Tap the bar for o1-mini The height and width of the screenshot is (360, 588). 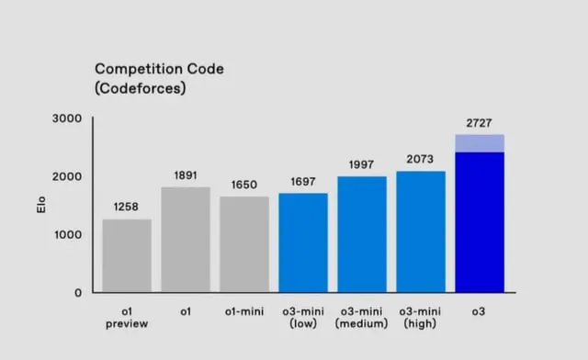(x=244, y=244)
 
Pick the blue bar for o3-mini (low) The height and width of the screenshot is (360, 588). (x=303, y=242)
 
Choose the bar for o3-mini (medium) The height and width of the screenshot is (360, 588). (x=362, y=234)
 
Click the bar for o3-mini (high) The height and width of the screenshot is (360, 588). (x=421, y=231)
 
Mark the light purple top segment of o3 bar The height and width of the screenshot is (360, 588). (x=480, y=143)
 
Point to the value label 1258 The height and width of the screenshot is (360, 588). (x=127, y=207)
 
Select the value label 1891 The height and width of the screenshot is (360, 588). (x=186, y=174)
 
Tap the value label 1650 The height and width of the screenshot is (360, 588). (x=244, y=185)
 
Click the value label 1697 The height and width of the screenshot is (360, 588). (x=303, y=181)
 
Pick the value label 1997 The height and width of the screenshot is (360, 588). (x=362, y=164)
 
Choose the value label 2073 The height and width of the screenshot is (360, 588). (x=421, y=160)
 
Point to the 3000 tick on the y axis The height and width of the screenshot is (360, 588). (x=68, y=119)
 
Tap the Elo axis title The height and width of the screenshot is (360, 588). (x=31, y=206)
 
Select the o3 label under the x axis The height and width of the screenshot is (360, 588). (x=480, y=312)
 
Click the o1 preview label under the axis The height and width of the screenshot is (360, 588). (x=127, y=318)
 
